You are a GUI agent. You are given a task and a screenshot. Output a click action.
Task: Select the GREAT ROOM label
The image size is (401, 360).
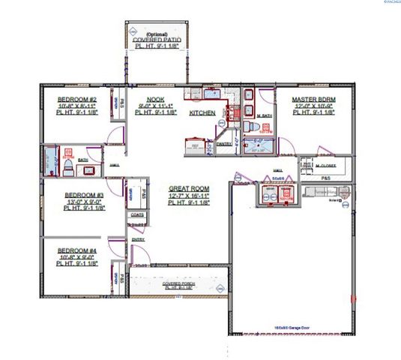(x=188, y=188)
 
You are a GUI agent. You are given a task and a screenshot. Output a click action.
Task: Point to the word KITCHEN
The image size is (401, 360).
(x=202, y=112)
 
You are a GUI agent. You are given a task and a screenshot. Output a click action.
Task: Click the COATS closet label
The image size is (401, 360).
(x=137, y=214)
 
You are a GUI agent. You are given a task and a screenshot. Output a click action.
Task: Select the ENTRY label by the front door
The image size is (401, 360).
(x=138, y=239)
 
